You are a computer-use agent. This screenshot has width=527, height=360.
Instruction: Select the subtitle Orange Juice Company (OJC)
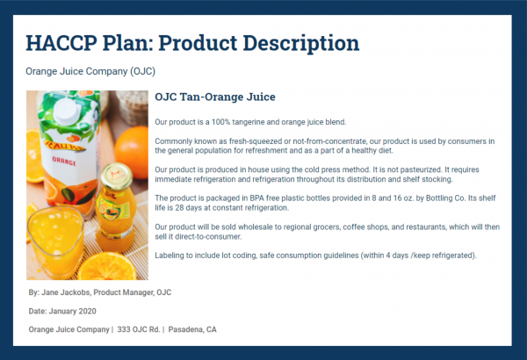point(90,71)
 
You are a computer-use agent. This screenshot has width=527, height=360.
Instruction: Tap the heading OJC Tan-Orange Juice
point(215,97)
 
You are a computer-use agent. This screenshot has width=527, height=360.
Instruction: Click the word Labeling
point(170,255)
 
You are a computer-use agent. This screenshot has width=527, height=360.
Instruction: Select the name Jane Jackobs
point(69,292)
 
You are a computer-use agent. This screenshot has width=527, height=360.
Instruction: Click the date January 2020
point(73,311)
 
